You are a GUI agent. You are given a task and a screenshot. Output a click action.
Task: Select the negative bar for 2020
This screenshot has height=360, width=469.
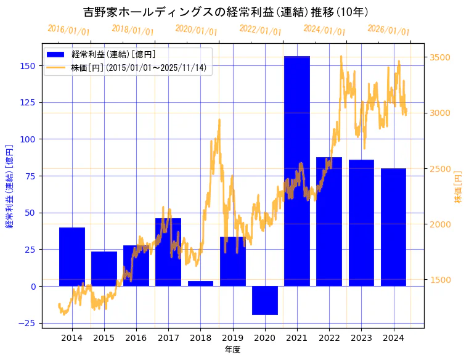[x=264, y=300]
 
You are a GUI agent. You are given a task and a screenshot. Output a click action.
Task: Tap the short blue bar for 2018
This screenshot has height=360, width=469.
[x=200, y=284]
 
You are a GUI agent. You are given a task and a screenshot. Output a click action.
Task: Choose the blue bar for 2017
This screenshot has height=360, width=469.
[x=168, y=252]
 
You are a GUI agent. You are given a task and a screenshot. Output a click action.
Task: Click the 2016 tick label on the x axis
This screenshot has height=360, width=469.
[x=136, y=338]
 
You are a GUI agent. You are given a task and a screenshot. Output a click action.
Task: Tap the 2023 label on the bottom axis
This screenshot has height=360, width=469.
[x=361, y=338]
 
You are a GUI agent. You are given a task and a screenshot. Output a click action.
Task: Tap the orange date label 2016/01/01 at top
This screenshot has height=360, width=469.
[x=68, y=30]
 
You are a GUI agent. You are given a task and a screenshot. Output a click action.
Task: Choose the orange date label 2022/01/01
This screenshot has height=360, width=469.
[x=260, y=30]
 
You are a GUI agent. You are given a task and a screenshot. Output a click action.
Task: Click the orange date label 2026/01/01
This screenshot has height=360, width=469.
[x=388, y=30]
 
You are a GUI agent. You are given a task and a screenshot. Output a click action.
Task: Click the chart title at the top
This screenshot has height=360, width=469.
[x=226, y=12]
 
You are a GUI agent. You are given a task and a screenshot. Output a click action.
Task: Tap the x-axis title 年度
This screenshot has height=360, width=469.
[x=232, y=350]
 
